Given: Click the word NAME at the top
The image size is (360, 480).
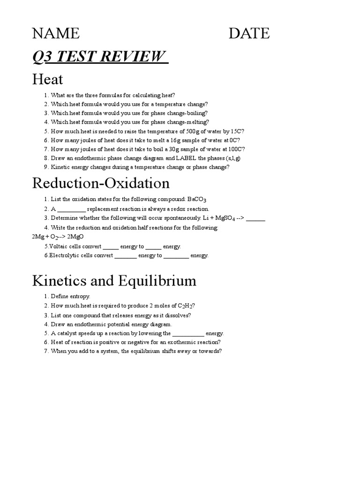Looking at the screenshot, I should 56,33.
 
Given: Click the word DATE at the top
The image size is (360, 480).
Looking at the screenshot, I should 249,33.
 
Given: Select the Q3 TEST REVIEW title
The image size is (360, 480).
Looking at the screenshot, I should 100,57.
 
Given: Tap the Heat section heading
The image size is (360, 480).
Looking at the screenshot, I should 47,79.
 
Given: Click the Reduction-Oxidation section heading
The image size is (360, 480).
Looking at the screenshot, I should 101,183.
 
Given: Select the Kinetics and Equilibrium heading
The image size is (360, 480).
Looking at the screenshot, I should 114,281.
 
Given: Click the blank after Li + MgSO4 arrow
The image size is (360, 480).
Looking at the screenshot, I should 255,218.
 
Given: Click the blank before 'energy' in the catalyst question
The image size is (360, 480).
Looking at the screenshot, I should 188,333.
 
